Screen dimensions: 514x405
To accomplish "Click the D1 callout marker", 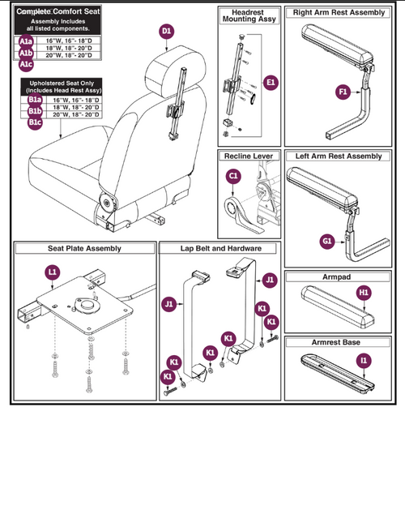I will (166, 32).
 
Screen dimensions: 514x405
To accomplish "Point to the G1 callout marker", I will (327, 241).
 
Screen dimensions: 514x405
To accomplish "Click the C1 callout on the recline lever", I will (233, 174).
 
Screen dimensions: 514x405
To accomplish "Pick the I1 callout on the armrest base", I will (364, 359).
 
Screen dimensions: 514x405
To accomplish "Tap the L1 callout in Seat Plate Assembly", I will (53, 272).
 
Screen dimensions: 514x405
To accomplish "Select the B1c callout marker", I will (34, 122).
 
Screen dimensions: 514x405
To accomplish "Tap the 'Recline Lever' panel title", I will (249, 155).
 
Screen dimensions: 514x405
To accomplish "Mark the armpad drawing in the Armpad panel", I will (334, 295).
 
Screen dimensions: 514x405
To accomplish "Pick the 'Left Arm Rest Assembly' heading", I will (339, 156).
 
